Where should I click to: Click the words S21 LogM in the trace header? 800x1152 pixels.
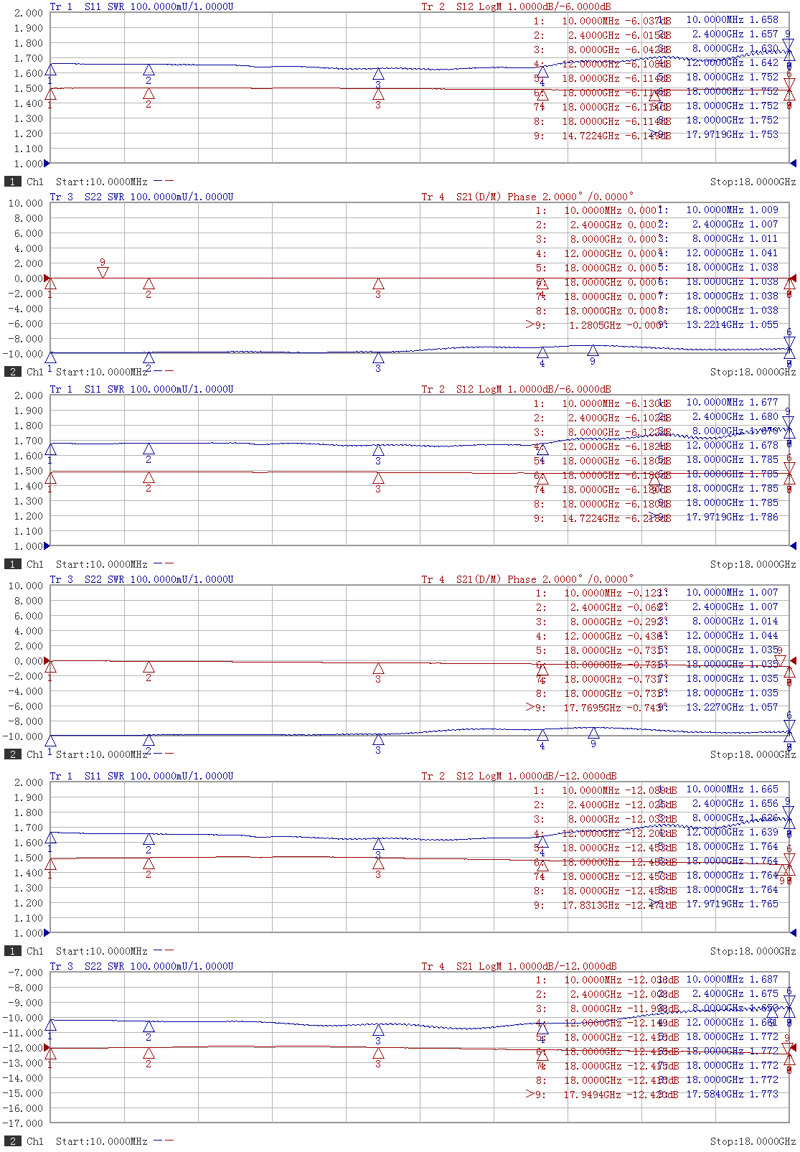coord(479,966)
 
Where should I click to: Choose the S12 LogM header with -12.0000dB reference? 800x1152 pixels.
coord(479,776)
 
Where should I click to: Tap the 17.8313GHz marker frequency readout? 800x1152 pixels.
coord(590,905)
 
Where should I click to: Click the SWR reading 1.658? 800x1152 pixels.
coord(764,20)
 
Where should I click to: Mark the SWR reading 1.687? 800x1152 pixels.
coord(764,979)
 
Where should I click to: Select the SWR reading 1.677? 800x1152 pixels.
coord(764,403)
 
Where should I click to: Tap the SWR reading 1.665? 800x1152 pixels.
coord(764,789)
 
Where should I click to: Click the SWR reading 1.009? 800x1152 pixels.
coord(764,210)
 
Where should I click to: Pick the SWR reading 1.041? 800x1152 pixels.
coord(764,253)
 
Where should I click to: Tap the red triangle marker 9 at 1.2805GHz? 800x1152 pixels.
coord(103,272)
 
